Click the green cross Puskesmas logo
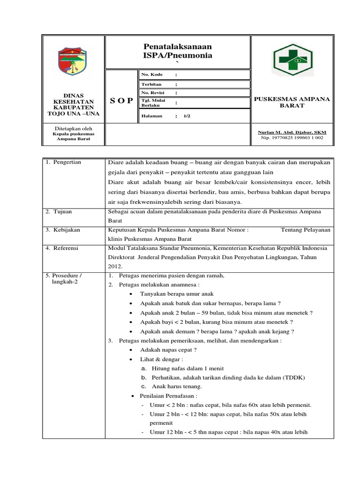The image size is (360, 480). pyautogui.click(x=292, y=60)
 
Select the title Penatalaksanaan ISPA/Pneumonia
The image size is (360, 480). pyautogui.click(x=177, y=51)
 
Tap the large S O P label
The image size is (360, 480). pyautogui.click(x=121, y=101)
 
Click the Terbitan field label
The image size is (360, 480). pyautogui.click(x=151, y=84)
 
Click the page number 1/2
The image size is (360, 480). pyautogui.click(x=187, y=116)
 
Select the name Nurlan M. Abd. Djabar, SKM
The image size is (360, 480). pyautogui.click(x=292, y=133)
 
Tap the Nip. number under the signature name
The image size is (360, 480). pyautogui.click(x=292, y=138)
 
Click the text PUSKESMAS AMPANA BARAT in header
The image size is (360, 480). pyautogui.click(x=292, y=102)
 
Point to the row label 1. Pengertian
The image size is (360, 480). pyautogui.click(x=63, y=162)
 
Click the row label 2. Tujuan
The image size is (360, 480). pyautogui.click(x=59, y=212)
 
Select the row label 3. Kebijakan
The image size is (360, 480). pyautogui.click(x=62, y=230)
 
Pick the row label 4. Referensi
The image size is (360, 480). pyautogui.click(x=62, y=248)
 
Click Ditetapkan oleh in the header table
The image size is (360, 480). pyautogui.click(x=73, y=128)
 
